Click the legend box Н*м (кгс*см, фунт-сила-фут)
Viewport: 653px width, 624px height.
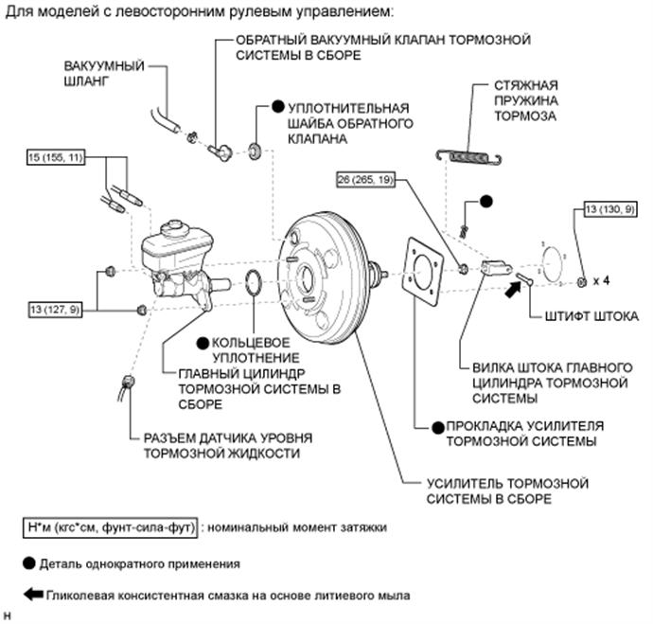click(x=111, y=524)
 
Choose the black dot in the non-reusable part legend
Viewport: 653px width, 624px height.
click(x=28, y=562)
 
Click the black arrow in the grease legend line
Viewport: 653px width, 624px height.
click(x=30, y=596)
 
